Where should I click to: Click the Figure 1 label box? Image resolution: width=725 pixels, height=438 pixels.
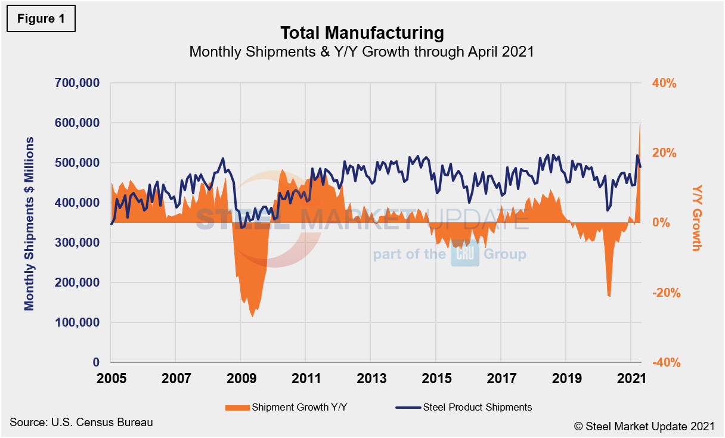[x=41, y=18]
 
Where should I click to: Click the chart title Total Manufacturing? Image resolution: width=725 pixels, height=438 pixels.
[x=362, y=32]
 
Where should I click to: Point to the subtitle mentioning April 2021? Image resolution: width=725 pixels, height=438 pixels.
[x=361, y=52]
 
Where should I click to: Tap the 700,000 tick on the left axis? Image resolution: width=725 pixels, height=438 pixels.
[x=78, y=83]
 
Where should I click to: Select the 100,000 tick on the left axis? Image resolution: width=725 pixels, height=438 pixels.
[x=78, y=322]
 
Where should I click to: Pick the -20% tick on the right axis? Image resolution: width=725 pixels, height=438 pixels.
[x=663, y=293]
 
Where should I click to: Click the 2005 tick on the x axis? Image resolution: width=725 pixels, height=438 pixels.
[x=111, y=378]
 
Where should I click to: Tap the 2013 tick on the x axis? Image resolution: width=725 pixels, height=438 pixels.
[x=371, y=378]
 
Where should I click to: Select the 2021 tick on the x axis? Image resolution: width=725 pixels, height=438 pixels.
[x=631, y=378]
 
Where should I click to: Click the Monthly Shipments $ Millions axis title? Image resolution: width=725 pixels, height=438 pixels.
[x=29, y=223]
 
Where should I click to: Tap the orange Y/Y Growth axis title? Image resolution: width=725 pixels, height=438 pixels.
[x=696, y=218]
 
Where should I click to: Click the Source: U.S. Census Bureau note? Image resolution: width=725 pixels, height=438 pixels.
[x=81, y=423]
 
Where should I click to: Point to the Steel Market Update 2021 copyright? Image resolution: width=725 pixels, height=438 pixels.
[x=644, y=426]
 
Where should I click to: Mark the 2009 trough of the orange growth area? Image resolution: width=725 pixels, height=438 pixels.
[x=253, y=316]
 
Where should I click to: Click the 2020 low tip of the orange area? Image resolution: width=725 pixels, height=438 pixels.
[x=609, y=296]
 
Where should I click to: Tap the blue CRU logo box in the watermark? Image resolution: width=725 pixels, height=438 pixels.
[x=465, y=255]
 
